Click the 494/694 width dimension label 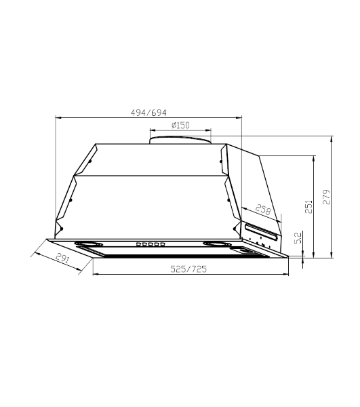coord(148,113)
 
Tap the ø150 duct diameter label coord(180,125)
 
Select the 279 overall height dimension coord(327,197)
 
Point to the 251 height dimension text coord(308,207)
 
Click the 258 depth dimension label coord(263,209)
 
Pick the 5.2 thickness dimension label coord(298,237)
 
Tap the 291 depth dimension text coord(62,258)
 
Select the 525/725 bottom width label coord(188,269)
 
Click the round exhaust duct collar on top coord(180,140)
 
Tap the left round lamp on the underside coord(88,244)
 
